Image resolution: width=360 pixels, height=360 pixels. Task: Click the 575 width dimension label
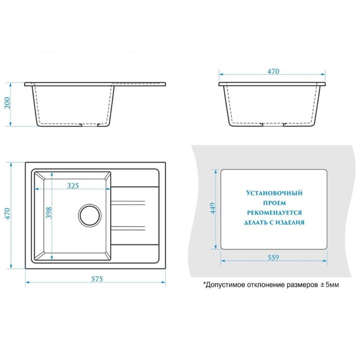pos(97,279)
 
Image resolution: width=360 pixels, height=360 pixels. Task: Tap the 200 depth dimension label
pos(8,103)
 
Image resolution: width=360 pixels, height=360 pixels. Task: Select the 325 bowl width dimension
pos(73,186)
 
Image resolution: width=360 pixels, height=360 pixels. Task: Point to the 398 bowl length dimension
pos(49,213)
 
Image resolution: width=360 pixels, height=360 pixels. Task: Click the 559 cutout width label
pos(274,258)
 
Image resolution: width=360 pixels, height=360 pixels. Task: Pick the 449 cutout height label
pos(213,208)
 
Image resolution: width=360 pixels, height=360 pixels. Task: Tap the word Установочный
pos(274,193)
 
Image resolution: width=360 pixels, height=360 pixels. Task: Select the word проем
pos(274,203)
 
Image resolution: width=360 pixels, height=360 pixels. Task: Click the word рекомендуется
pos(274,213)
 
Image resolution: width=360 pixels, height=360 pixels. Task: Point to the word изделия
pos(290,223)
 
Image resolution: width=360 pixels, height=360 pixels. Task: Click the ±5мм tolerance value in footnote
pos(330,285)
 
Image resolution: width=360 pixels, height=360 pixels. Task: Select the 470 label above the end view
pos(273,71)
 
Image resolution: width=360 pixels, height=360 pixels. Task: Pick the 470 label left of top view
pos(8,214)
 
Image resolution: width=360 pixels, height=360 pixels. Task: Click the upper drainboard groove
pos(128,203)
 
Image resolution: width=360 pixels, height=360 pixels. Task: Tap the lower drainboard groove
pos(128,228)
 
